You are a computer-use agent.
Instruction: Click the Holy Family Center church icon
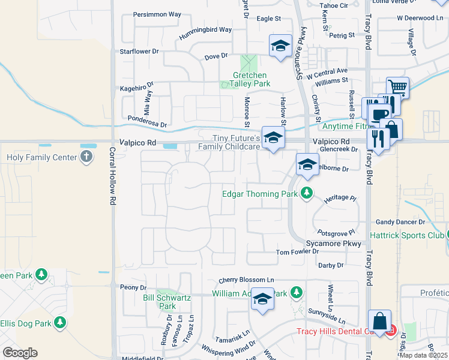(86, 158)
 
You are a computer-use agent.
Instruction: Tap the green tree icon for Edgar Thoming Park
(307, 193)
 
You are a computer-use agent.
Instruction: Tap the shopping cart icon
(397, 88)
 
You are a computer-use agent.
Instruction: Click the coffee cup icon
(378, 114)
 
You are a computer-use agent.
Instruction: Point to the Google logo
(20, 352)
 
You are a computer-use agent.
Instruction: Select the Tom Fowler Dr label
(297, 252)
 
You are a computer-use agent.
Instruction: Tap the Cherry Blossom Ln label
(246, 280)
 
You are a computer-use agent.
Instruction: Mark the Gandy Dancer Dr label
(400, 222)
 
